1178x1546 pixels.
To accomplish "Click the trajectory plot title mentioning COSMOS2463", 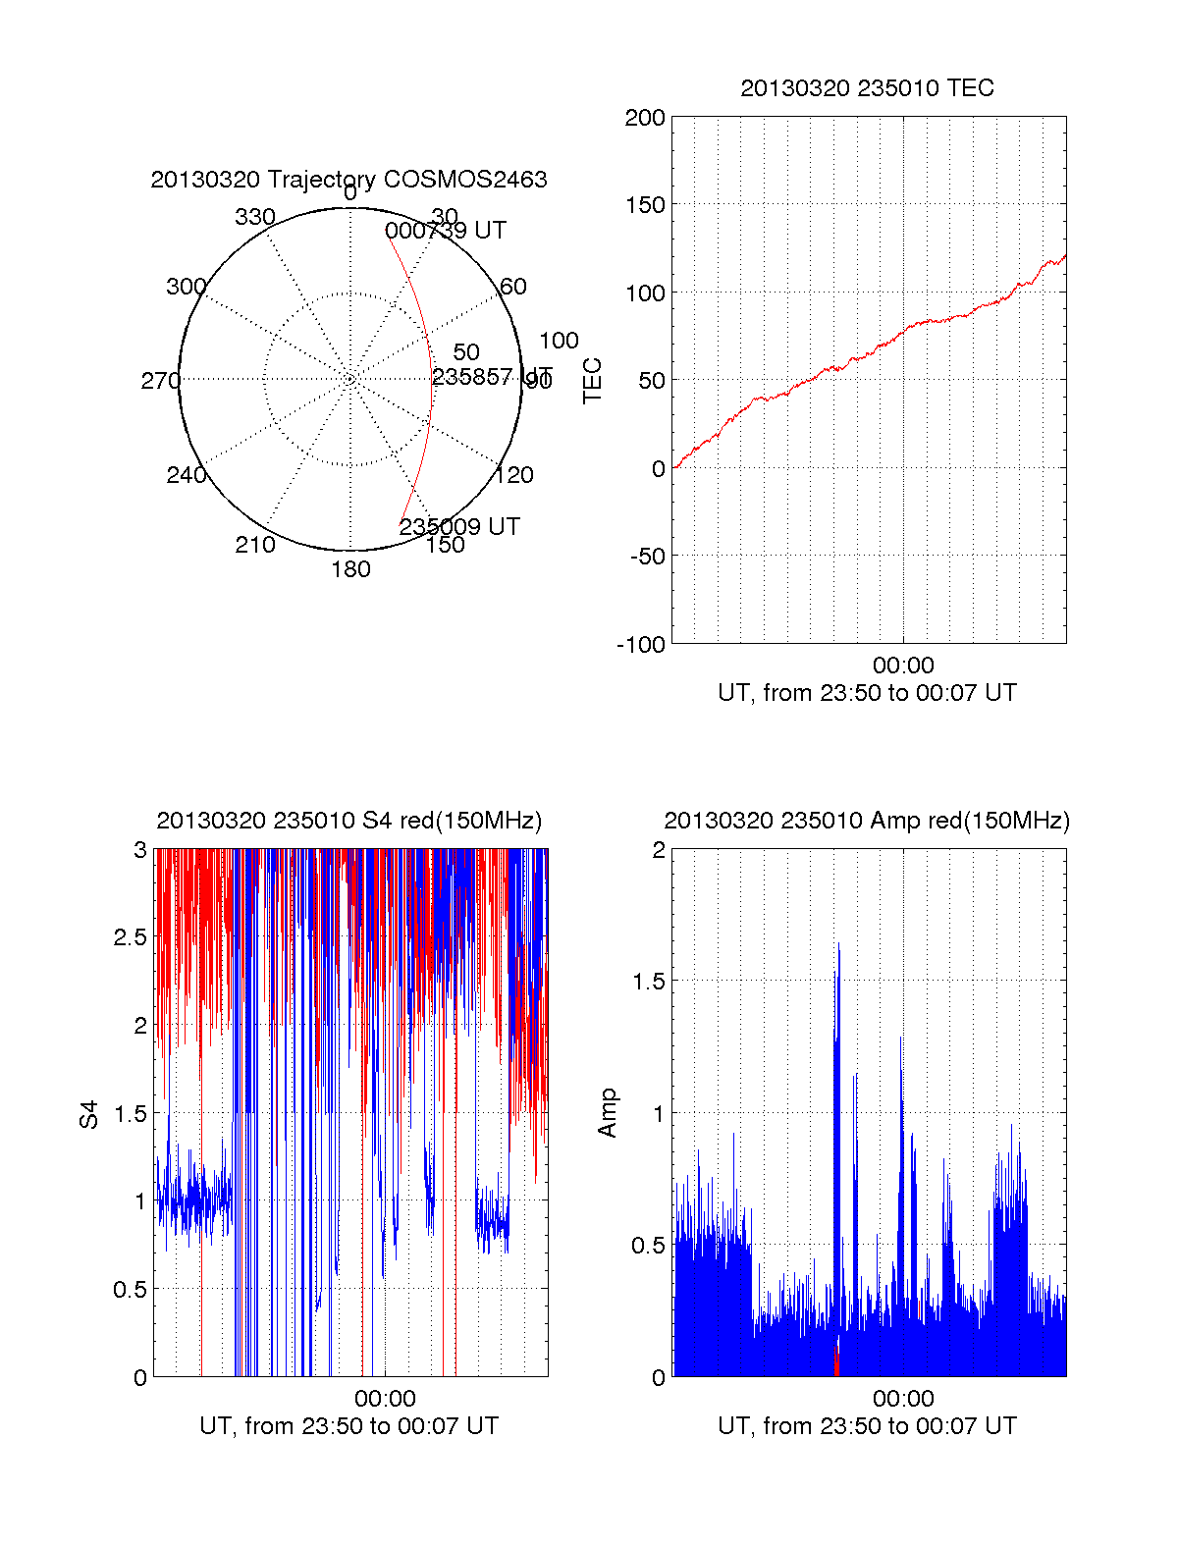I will tap(348, 180).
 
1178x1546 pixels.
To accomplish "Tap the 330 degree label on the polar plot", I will tap(254, 217).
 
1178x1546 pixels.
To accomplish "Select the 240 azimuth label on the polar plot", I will tap(186, 475).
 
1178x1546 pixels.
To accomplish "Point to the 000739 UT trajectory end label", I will tap(446, 231).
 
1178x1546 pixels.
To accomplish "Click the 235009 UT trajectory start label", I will tap(458, 526).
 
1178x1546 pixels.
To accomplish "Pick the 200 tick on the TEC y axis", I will tap(645, 119).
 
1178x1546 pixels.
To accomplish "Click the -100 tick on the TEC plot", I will tap(641, 645).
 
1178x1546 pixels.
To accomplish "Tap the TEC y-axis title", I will tap(593, 381).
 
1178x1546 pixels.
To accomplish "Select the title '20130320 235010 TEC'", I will tap(867, 88).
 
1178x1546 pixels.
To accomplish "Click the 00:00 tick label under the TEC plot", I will tap(903, 666).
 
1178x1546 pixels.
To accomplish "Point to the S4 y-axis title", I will tap(89, 1114).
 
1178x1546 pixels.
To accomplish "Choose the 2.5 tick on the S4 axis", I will tap(131, 937).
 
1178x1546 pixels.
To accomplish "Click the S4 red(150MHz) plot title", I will tap(348, 821).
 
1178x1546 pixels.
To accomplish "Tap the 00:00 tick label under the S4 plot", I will tap(385, 1399).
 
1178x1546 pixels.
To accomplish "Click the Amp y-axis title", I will tap(608, 1113).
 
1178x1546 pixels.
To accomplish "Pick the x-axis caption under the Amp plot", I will tap(867, 1426).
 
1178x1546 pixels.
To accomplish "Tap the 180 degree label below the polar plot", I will tap(350, 569).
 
